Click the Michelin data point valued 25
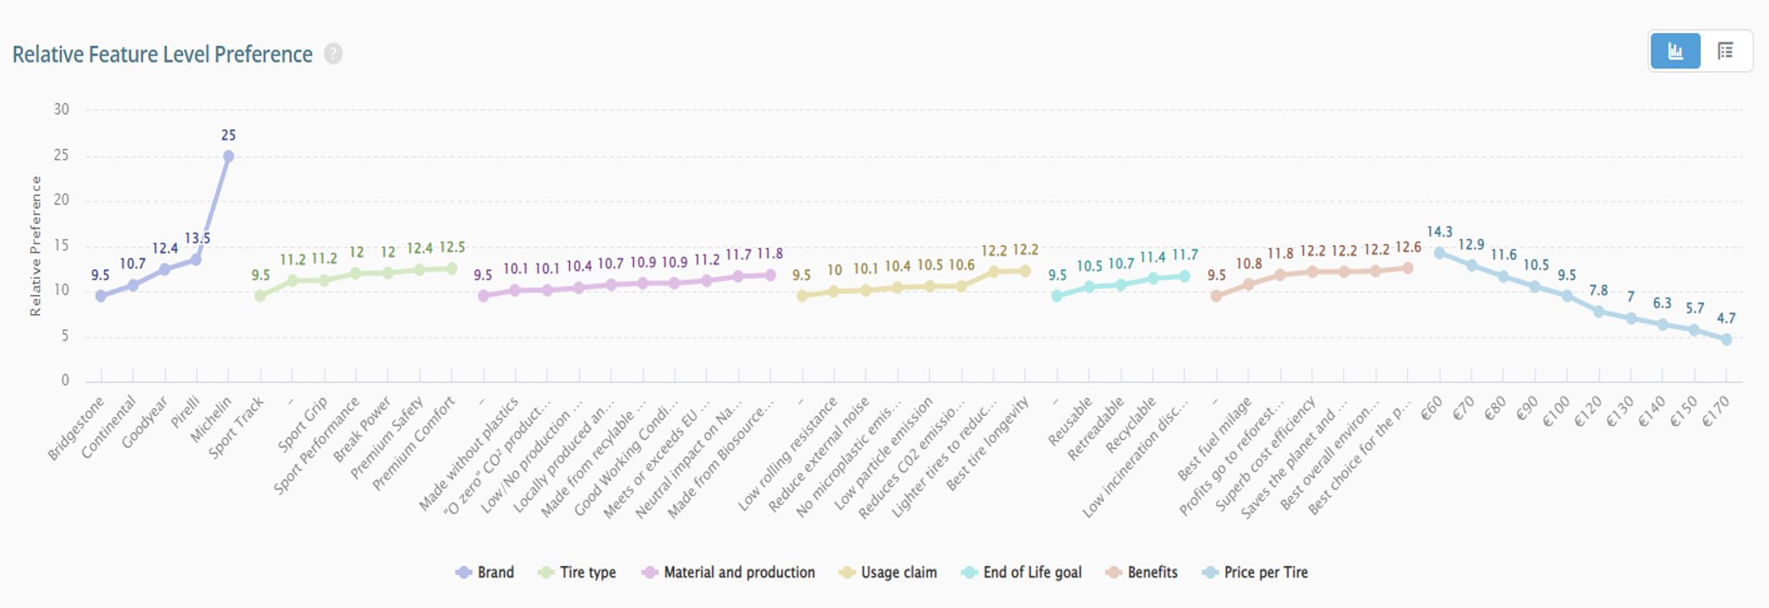pos(228,156)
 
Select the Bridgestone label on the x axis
pos(76,429)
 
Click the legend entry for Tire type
pos(578,572)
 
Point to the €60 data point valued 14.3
pos(1440,253)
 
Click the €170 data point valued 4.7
pos(1727,339)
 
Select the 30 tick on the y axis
pos(61,109)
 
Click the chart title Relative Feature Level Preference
pos(162,55)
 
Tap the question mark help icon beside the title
pos(334,54)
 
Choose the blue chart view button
pos(1675,52)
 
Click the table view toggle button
pos(1726,52)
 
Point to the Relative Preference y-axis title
pos(36,246)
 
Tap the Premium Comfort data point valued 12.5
pos(452,269)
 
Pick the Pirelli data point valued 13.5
pos(196,260)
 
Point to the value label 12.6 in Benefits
pos(1408,248)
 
